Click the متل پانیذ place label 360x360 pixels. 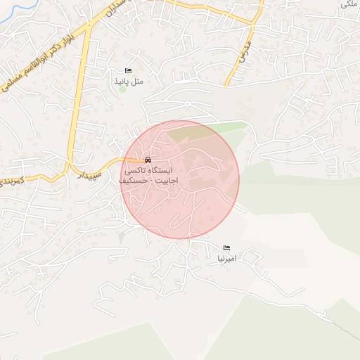(x=129, y=82)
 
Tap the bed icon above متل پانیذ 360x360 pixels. (x=128, y=71)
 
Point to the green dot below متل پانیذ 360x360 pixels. (x=122, y=89)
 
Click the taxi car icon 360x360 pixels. (x=147, y=160)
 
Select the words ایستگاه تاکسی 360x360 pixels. (x=147, y=171)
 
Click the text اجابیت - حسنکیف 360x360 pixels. (x=147, y=181)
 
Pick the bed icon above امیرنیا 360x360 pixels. (x=226, y=248)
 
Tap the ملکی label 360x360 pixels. (x=347, y=4)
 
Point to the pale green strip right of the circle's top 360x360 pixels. (x=229, y=127)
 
